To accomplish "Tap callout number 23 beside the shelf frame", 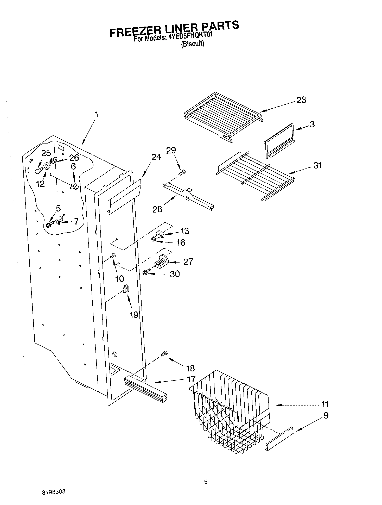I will [301, 100].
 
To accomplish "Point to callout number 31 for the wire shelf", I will [317, 165].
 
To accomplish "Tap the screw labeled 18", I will [164, 354].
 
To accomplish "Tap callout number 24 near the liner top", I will [156, 157].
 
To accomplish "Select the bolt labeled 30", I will [146, 272].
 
